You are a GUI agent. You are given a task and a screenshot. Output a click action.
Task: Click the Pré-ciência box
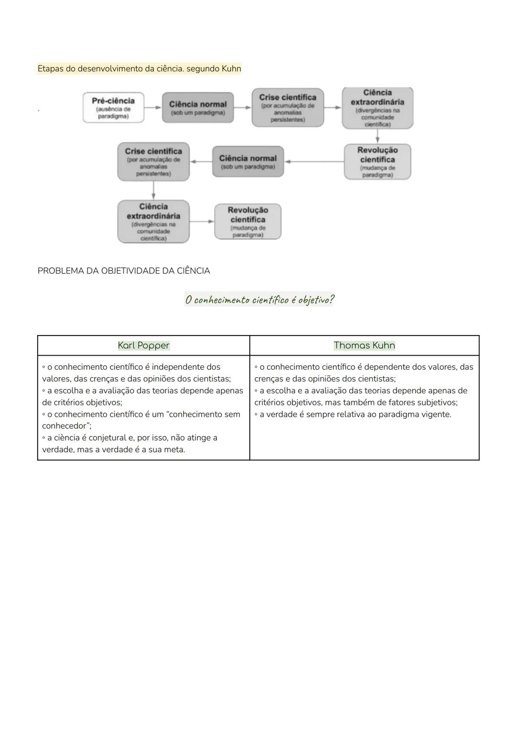pyautogui.click(x=113, y=107)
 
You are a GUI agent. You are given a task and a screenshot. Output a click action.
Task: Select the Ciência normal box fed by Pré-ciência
pyautogui.click(x=198, y=107)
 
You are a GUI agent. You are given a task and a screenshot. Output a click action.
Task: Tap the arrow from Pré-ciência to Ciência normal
pyautogui.click(x=153, y=107)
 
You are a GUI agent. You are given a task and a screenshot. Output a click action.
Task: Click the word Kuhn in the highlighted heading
pyautogui.click(x=231, y=69)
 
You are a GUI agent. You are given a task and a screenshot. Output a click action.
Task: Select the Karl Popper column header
pyautogui.click(x=143, y=345)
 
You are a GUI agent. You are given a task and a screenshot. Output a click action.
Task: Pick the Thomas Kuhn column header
pyautogui.click(x=364, y=345)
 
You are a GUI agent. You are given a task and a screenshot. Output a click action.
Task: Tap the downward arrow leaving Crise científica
pyautogui.click(x=153, y=190)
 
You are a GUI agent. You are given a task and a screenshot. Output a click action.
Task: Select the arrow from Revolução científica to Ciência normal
pyautogui.click(x=314, y=161)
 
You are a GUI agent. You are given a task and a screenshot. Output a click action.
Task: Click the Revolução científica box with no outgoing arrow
pyautogui.click(x=247, y=222)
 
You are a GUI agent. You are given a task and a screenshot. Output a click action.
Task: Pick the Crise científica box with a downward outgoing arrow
pyautogui.click(x=153, y=161)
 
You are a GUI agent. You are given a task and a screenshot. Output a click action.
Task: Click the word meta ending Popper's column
pyautogui.click(x=174, y=450)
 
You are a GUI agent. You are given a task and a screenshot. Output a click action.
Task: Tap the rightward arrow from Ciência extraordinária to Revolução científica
pyautogui.click(x=202, y=222)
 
